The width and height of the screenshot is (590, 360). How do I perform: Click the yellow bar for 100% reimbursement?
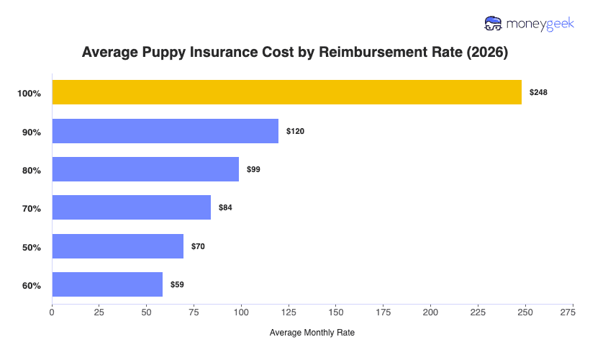(x=286, y=92)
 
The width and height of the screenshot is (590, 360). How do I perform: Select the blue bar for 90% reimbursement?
(x=165, y=131)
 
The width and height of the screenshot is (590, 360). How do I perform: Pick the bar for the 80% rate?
(x=145, y=169)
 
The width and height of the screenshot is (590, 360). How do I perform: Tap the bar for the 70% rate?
(x=131, y=207)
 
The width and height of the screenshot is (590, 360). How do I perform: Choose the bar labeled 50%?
(x=117, y=246)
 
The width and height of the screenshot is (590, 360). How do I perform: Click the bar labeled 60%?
(x=107, y=284)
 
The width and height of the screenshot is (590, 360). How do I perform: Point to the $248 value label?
(x=538, y=93)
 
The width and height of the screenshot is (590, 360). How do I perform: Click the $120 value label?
(x=295, y=131)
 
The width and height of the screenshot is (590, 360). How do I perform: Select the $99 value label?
(x=253, y=170)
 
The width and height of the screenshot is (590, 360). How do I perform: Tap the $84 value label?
(x=225, y=208)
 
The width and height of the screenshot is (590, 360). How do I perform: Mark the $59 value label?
(x=177, y=285)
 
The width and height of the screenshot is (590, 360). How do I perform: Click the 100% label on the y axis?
(x=29, y=94)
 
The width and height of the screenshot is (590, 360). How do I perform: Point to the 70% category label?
(x=32, y=209)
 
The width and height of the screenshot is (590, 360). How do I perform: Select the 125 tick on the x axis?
(x=289, y=313)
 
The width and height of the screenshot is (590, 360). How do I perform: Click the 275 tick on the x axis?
(x=573, y=313)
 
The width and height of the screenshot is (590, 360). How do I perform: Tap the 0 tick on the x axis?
(x=52, y=313)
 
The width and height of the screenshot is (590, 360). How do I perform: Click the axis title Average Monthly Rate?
(x=312, y=333)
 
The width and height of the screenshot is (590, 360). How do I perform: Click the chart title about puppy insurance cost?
(x=295, y=53)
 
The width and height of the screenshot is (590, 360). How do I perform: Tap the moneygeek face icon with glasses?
(x=494, y=23)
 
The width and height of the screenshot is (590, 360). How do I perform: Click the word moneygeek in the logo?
(x=540, y=24)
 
